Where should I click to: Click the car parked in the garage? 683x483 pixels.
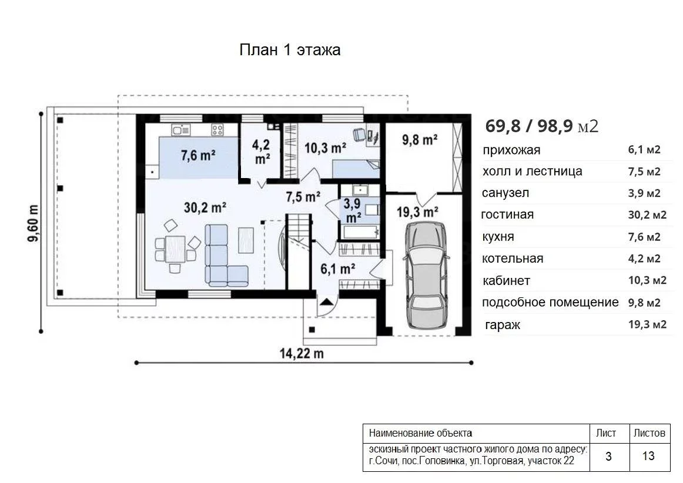pyautogui.click(x=427, y=276)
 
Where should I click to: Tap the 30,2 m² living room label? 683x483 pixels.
pyautogui.click(x=205, y=207)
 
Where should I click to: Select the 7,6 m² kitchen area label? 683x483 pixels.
pyautogui.click(x=198, y=155)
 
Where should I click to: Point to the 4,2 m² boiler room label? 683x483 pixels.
pyautogui.click(x=262, y=152)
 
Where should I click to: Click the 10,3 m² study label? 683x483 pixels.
pyautogui.click(x=326, y=148)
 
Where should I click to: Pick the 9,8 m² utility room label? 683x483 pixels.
pyautogui.click(x=420, y=139)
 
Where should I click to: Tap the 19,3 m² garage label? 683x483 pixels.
pyautogui.click(x=417, y=212)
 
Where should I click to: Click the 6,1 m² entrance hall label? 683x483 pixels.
pyautogui.click(x=337, y=269)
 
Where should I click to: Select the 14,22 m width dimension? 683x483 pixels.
pyautogui.click(x=302, y=353)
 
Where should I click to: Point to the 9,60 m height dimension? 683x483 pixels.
pyautogui.click(x=33, y=223)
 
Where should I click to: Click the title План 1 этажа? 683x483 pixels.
pyautogui.click(x=290, y=49)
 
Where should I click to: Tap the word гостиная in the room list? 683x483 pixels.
pyautogui.click(x=507, y=214)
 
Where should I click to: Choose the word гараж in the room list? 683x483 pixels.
pyautogui.click(x=503, y=324)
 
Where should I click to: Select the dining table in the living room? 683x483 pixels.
pyautogui.click(x=175, y=249)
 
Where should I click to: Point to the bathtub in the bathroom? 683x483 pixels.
pyautogui.click(x=361, y=232)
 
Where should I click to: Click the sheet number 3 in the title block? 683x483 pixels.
pyautogui.click(x=608, y=456)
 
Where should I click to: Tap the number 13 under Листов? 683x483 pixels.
pyautogui.click(x=648, y=455)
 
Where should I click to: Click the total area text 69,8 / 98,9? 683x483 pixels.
pyautogui.click(x=528, y=126)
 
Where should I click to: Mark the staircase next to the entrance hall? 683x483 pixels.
pyautogui.click(x=299, y=251)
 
